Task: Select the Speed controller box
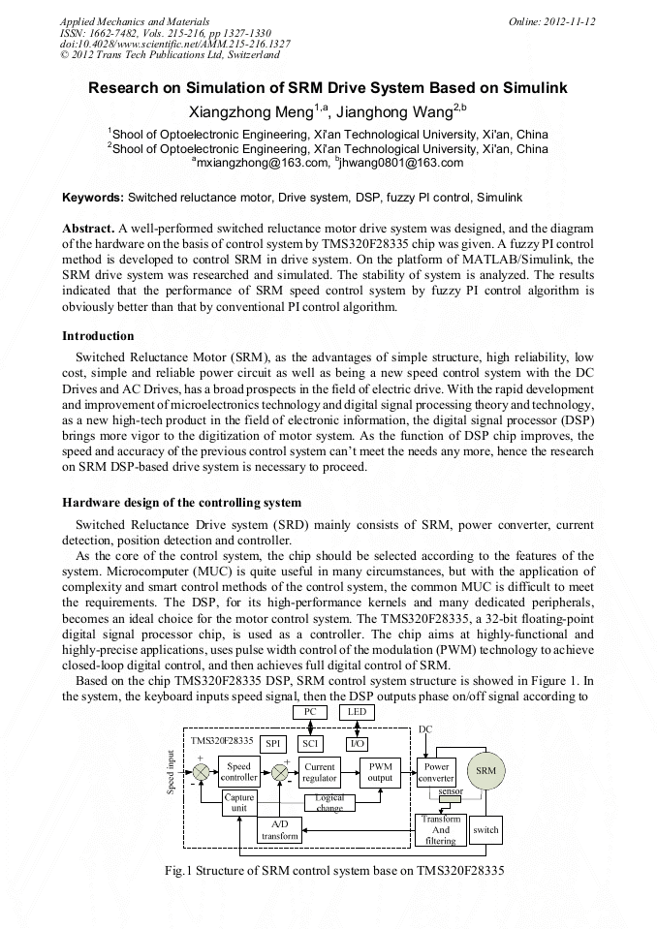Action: (238, 771)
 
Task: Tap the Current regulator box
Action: (319, 771)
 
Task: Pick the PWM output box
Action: (381, 771)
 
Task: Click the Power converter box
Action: (436, 772)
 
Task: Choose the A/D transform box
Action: (279, 829)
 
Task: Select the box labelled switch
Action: (485, 829)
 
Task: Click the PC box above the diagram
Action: (310, 712)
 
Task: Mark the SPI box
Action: (272, 743)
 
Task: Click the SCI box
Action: (310, 743)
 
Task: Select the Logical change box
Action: (329, 802)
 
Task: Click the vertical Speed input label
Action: (171, 772)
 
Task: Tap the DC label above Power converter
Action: (425, 728)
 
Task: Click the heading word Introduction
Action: (98, 336)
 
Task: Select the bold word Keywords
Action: (93, 197)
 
